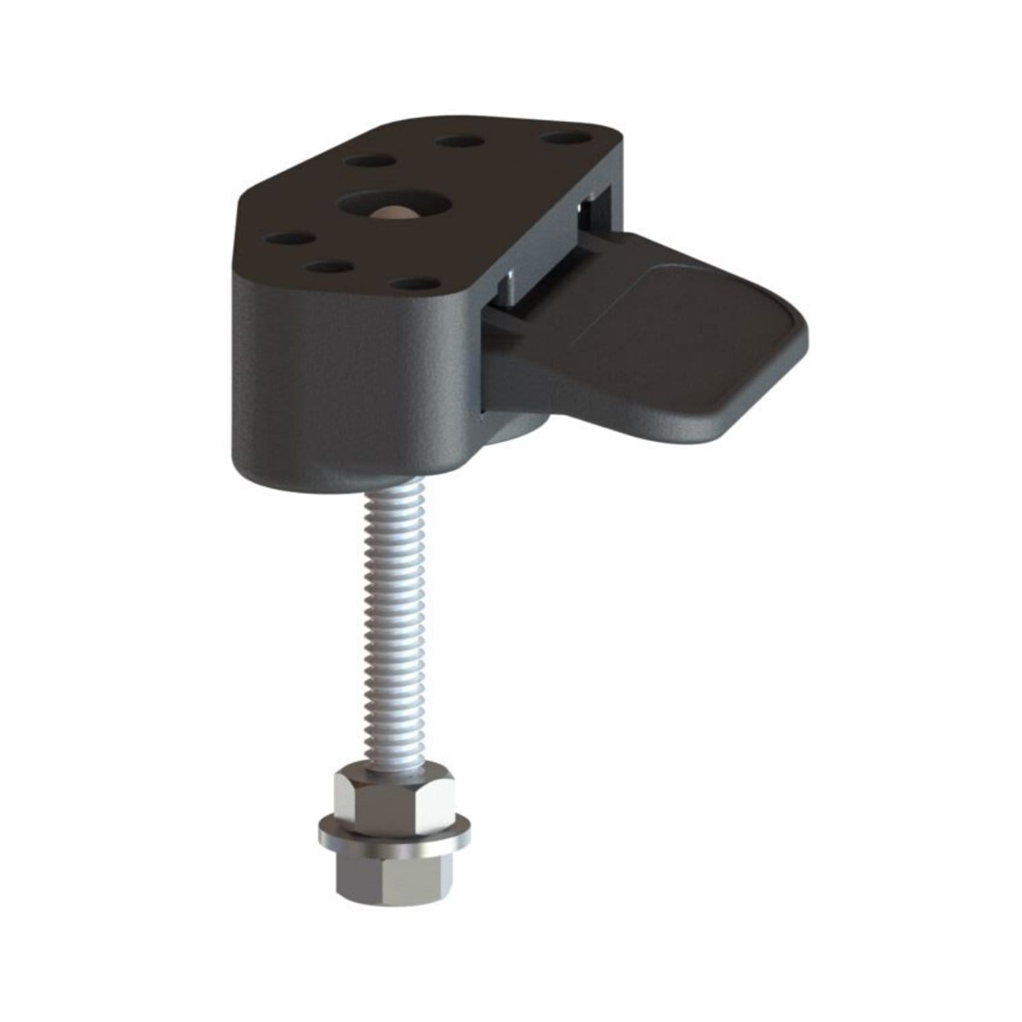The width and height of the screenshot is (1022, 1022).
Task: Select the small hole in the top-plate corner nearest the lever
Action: pos(564,139)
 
